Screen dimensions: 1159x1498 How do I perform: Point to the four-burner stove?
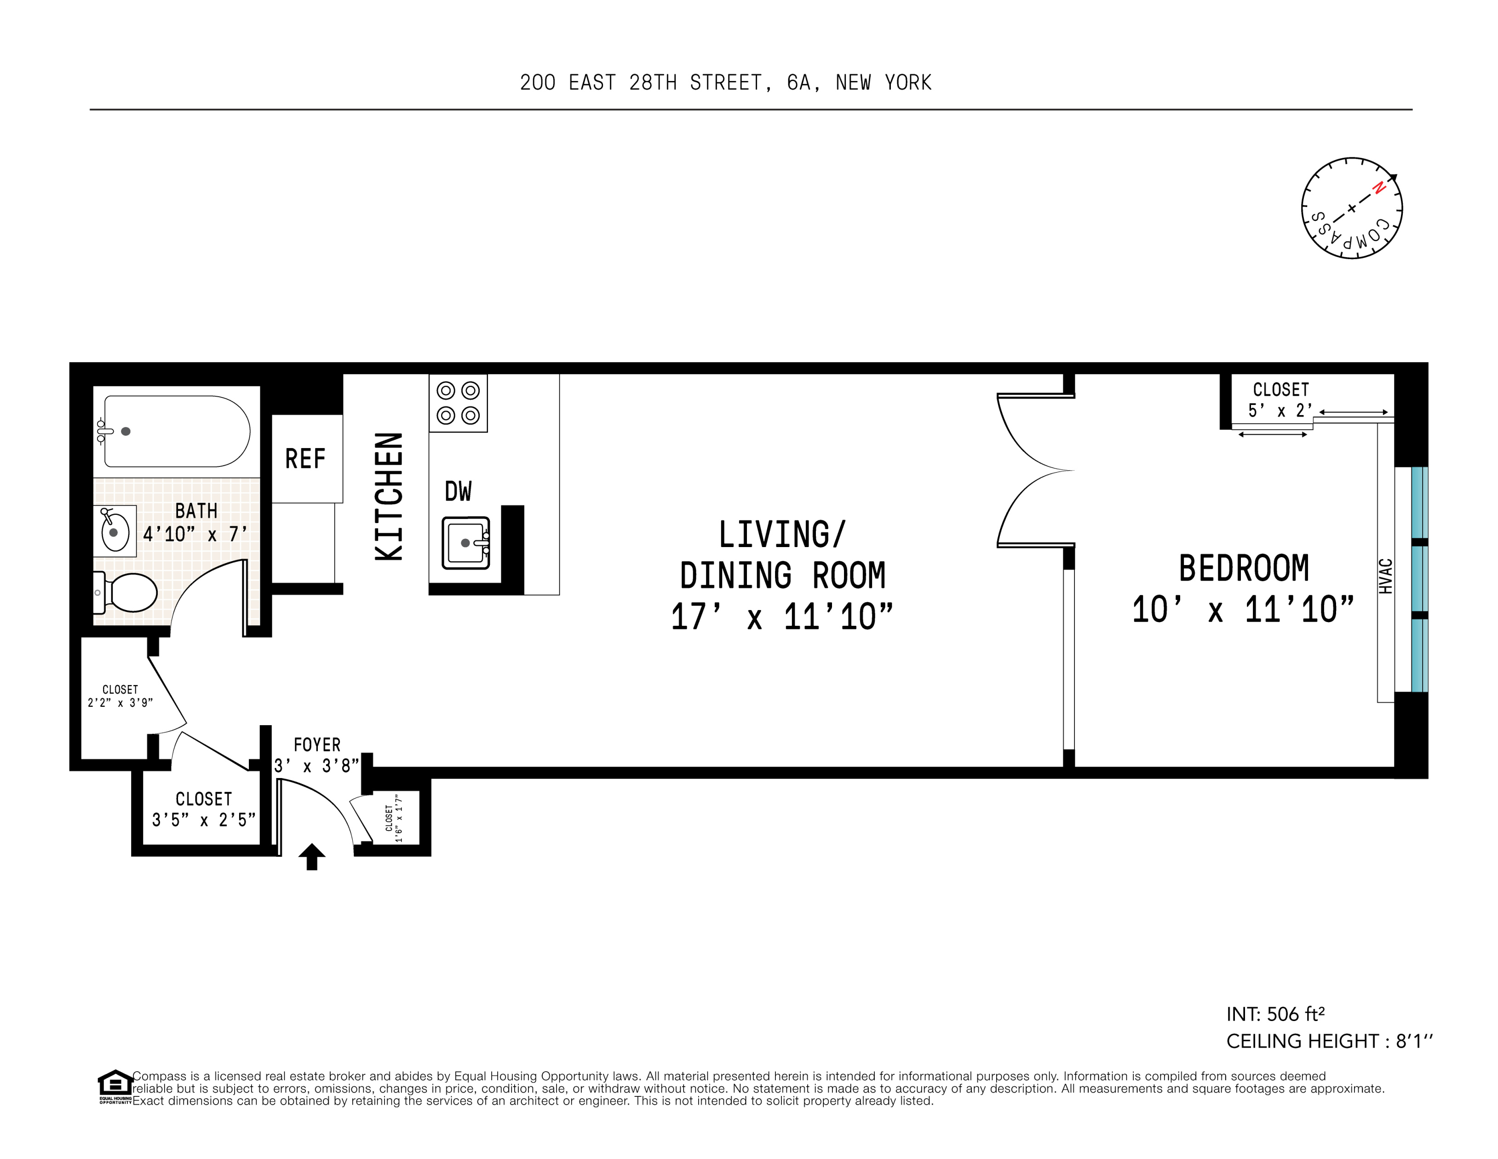pyautogui.click(x=458, y=403)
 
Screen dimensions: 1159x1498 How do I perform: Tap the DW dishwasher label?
pyautogui.click(x=458, y=491)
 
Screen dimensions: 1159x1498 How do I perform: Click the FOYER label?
pyautogui.click(x=317, y=744)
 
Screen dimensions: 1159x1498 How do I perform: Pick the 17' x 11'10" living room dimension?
pyautogui.click(x=782, y=616)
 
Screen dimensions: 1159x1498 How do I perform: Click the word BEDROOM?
pyautogui.click(x=1244, y=568)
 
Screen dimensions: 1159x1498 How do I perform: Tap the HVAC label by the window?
pyautogui.click(x=1385, y=577)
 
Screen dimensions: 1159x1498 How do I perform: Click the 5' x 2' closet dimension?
pyautogui.click(x=1280, y=411)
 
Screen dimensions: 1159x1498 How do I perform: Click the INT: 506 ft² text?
pyautogui.click(x=1275, y=1014)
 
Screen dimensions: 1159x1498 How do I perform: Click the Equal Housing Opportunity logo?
pyautogui.click(x=115, y=1086)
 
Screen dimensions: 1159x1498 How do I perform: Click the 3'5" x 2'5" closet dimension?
pyautogui.click(x=204, y=819)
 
